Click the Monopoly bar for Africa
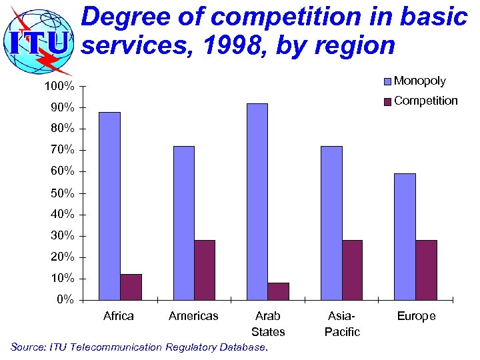point(110,206)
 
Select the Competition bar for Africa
point(131,287)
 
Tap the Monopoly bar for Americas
point(183,223)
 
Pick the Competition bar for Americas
point(205,269)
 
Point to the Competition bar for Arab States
point(279,291)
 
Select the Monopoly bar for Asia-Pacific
point(331,223)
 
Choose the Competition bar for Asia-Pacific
point(352,269)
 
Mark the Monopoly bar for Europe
point(405,237)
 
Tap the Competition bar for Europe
point(426,269)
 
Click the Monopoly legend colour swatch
point(387,81)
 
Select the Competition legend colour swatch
point(387,102)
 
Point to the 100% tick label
point(59,87)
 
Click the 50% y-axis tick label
point(62,193)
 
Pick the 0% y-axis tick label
point(65,299)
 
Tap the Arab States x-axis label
point(268,323)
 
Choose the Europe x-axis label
point(416,316)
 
